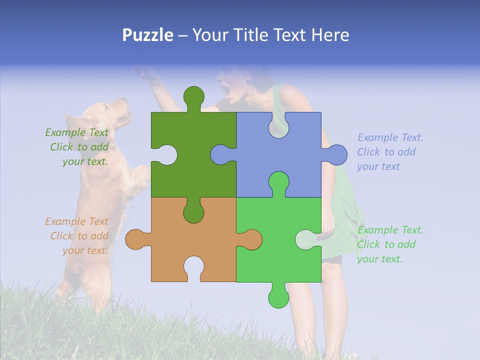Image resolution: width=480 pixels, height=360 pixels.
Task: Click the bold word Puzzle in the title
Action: pos(148,35)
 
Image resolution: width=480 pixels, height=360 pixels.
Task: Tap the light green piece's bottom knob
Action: pos(278,298)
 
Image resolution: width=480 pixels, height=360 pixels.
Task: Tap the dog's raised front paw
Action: pos(140,175)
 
